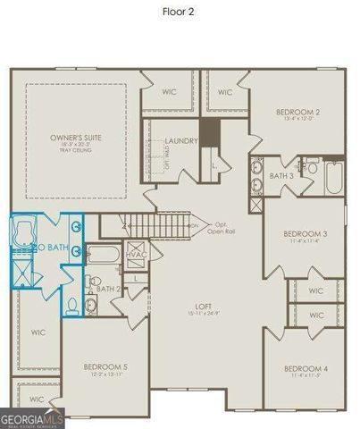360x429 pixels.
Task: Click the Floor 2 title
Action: click(x=180, y=13)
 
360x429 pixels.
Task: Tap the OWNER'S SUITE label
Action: click(x=73, y=138)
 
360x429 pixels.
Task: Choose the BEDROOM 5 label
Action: click(x=105, y=366)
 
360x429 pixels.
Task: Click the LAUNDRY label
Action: click(x=181, y=140)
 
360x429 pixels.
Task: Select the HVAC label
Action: click(x=136, y=255)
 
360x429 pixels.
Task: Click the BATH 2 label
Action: click(x=108, y=289)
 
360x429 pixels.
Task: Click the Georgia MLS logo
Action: click(x=32, y=417)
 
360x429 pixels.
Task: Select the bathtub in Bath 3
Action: click(x=334, y=177)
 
